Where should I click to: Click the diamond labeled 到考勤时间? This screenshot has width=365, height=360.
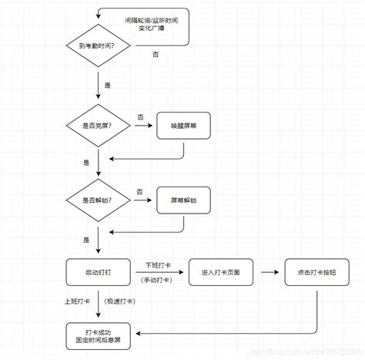[99, 47]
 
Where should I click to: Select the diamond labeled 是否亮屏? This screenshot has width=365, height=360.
[99, 124]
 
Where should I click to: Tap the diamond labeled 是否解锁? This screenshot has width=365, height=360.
[99, 200]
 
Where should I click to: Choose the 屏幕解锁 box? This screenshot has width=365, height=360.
[183, 200]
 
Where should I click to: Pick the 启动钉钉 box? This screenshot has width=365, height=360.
[99, 272]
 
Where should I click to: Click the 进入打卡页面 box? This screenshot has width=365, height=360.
[221, 272]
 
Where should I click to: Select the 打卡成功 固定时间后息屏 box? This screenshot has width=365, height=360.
[99, 334]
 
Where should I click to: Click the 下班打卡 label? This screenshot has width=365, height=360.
[157, 264]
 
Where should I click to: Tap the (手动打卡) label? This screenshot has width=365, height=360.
[157, 281]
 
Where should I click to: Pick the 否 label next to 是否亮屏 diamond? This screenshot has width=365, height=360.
[140, 116]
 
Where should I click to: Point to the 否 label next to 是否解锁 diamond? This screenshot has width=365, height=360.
[139, 191]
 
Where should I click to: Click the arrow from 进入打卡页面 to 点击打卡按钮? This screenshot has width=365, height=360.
[270, 272]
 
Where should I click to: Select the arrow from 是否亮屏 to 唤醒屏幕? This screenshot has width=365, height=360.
[142, 125]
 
